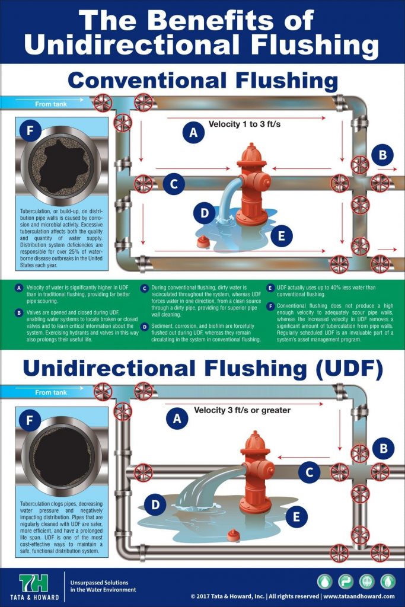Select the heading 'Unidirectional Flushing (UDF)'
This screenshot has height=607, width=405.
click(202, 368)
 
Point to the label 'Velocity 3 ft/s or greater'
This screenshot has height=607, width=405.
click(243, 410)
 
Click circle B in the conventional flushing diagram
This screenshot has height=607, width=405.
click(382, 155)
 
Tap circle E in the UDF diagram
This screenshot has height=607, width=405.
click(296, 516)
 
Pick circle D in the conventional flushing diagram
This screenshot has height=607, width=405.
click(204, 213)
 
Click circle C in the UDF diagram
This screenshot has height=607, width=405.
click(309, 472)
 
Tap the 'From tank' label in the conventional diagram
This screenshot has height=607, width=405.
click(51, 104)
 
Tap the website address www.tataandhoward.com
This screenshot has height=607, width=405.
click(359, 596)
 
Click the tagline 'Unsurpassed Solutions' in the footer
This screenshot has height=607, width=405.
click(100, 583)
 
